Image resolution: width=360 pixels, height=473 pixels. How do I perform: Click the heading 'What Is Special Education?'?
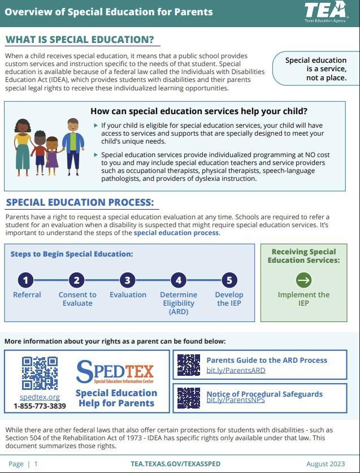click(x=80, y=40)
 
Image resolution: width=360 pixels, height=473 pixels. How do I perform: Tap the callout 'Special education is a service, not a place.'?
click(x=315, y=69)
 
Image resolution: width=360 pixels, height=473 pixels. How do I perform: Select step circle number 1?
click(x=26, y=280)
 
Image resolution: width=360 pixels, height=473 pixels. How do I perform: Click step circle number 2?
click(x=77, y=280)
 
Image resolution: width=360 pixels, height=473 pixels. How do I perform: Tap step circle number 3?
click(x=128, y=280)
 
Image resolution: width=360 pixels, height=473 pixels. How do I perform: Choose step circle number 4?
click(x=179, y=280)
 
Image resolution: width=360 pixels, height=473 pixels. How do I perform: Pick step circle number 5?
click(x=229, y=280)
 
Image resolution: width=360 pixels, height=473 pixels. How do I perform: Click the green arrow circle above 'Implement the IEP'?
click(x=303, y=280)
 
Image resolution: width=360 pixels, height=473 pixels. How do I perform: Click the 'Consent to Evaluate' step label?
click(x=77, y=299)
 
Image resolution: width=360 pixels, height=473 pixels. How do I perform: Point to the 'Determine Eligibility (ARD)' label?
click(x=179, y=303)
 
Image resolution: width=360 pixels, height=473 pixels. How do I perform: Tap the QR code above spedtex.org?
click(x=40, y=374)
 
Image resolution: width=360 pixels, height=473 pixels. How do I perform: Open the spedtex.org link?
click(x=40, y=397)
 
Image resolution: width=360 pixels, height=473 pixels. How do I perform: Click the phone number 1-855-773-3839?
click(x=40, y=406)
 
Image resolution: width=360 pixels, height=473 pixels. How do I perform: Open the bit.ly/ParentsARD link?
click(x=236, y=371)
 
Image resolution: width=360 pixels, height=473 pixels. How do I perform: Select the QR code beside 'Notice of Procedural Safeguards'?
click(x=189, y=397)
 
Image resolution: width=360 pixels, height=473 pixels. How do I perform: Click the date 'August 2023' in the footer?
click(x=326, y=464)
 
